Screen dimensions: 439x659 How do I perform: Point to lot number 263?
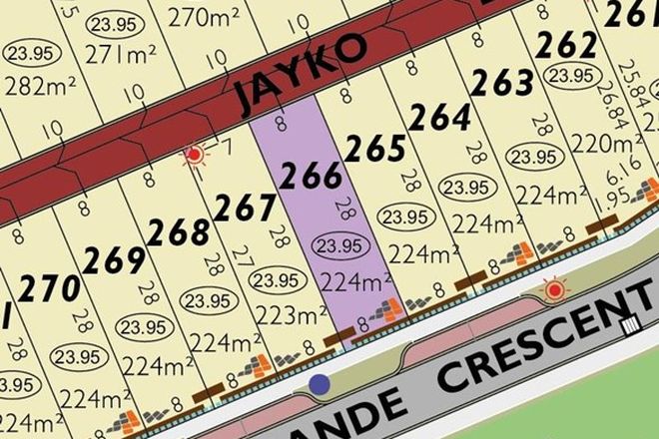coord(504,85)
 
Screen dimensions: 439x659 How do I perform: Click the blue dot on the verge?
coord(320,383)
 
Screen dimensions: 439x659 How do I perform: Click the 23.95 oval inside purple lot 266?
coord(336,245)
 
